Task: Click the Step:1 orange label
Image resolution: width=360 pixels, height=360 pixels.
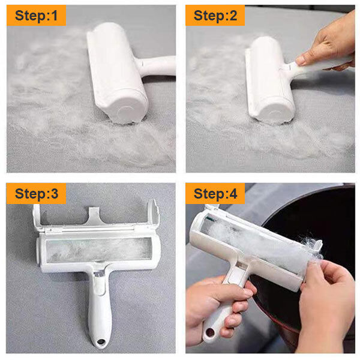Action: pyautogui.click(x=36, y=15)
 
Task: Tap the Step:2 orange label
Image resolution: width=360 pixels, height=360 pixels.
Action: pyautogui.click(x=215, y=15)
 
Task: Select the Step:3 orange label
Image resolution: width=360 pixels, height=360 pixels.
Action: pyautogui.click(x=36, y=194)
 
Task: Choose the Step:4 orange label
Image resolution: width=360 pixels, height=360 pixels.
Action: pyautogui.click(x=215, y=194)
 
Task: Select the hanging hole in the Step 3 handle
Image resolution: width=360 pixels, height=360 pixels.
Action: pyautogui.click(x=101, y=341)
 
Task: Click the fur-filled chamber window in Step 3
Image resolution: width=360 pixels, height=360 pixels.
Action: pyautogui.click(x=99, y=250)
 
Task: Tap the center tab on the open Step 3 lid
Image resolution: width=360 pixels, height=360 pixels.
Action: pyautogui.click(x=94, y=216)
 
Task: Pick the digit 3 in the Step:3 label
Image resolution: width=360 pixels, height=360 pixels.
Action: pyautogui.click(x=55, y=194)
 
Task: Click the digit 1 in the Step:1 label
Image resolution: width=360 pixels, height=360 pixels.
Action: pyautogui.click(x=54, y=15)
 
